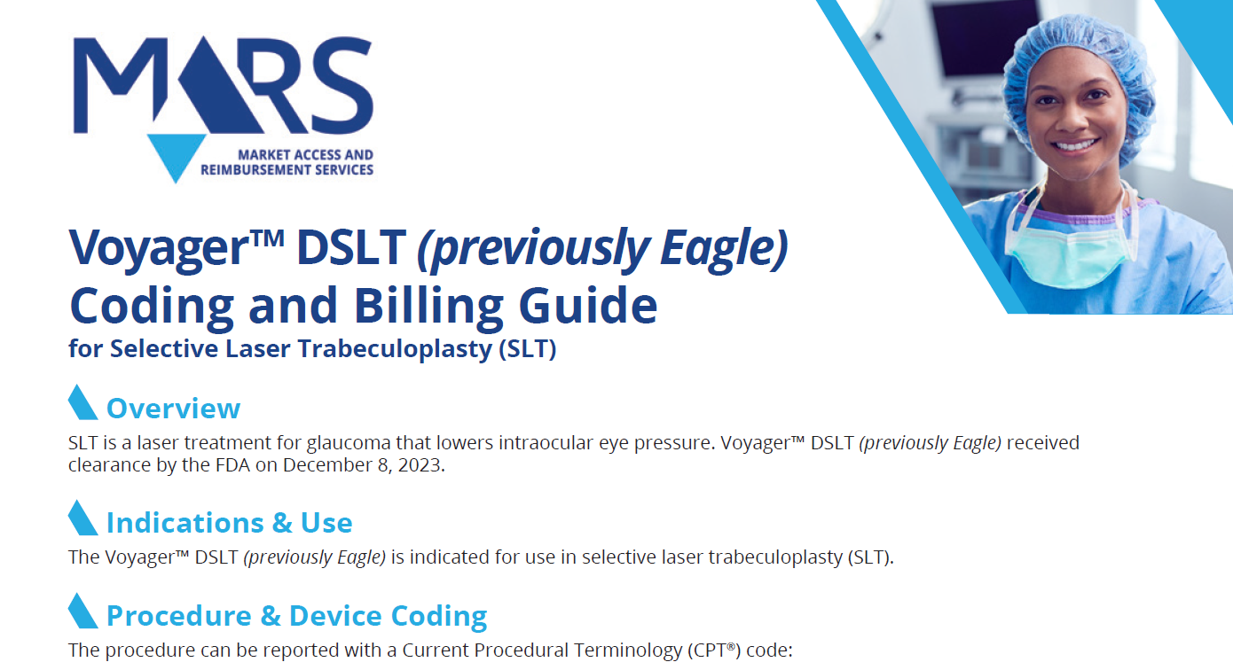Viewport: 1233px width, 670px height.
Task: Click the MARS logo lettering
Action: [x=222, y=84]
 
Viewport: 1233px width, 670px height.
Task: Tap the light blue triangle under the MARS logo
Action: [x=177, y=155]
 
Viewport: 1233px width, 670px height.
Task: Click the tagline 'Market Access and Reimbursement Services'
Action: [x=287, y=162]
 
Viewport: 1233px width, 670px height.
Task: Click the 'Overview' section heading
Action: [x=173, y=409]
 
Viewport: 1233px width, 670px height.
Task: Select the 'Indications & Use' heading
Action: [x=229, y=523]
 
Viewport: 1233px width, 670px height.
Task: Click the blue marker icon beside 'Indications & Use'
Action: [x=82, y=518]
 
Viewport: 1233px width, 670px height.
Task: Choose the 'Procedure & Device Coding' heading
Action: [x=296, y=616]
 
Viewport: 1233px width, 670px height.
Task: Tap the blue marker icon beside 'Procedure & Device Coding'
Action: [x=82, y=611]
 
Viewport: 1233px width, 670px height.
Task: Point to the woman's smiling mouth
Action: [x=1075, y=144]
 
